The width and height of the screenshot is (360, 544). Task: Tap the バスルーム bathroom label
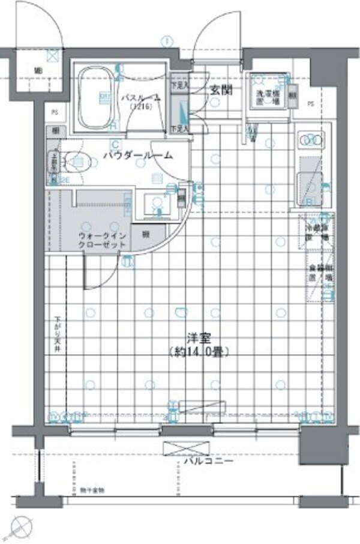pyautogui.click(x=140, y=98)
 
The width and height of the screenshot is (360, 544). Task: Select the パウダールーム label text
pyautogui.click(x=137, y=155)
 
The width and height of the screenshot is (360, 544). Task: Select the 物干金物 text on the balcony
pyautogui.click(x=92, y=491)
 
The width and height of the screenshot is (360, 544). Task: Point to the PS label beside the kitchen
pyautogui.click(x=310, y=104)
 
